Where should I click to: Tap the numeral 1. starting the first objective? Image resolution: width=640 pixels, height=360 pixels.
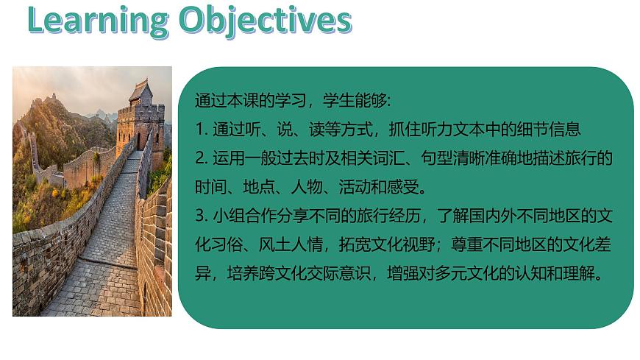[x=201, y=130]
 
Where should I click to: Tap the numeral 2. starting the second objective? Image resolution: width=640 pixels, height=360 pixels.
[x=202, y=158]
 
